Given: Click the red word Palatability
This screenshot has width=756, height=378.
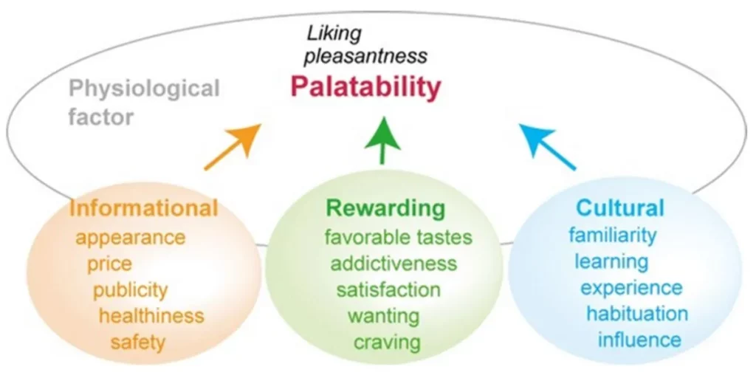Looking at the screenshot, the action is point(366,89).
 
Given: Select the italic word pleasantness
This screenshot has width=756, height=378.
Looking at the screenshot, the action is point(366,57).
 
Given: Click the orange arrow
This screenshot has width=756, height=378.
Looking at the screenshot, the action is point(233,147).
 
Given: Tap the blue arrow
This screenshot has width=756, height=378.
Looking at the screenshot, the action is point(547,147).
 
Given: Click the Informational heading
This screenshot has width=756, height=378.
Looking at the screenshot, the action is point(144,209).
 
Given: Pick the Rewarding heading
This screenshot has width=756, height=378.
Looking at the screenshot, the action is point(385,208).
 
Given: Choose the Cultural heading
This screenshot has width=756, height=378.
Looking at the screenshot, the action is point(620,208).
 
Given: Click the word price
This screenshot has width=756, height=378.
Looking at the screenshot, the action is point(109,264).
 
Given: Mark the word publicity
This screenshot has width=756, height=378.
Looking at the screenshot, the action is point(131,291).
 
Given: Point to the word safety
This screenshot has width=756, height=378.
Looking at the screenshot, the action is point(138,343).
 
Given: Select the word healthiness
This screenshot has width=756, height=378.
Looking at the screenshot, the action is point(151,316).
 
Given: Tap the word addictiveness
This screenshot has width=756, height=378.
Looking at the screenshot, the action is point(393,264).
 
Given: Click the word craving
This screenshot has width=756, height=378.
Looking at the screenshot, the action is point(387,343).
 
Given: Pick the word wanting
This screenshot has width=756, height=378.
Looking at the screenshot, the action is point(383,317).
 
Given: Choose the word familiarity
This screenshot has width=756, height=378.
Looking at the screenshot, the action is point(612,236).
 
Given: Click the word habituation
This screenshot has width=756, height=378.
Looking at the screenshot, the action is point(637,314).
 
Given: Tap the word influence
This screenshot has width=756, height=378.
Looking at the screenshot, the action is point(639,340).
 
